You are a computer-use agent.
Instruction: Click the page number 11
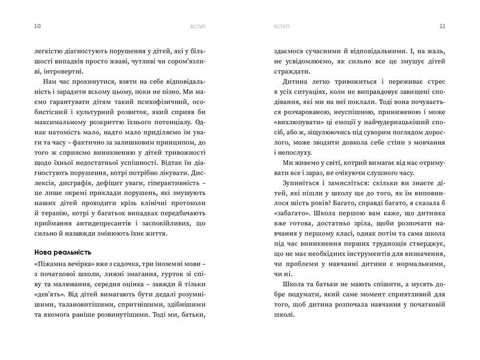pyautogui.click(x=443, y=26)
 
